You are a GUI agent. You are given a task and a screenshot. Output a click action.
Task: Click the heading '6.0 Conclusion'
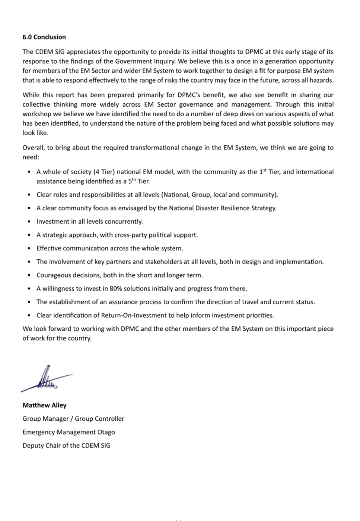(44, 37)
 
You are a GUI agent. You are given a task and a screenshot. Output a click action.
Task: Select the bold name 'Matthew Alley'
(44, 405)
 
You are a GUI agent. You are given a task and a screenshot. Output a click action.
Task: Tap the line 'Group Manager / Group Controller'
(73, 419)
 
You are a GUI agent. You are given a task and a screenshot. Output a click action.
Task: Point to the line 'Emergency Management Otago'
(69, 432)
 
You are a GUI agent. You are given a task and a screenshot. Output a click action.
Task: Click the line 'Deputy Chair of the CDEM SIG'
(66, 446)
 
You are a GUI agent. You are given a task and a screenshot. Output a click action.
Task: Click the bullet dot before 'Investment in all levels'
(29, 222)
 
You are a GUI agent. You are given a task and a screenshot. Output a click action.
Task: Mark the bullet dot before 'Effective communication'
(29, 249)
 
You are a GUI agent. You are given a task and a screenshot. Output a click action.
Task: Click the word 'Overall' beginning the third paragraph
(34, 148)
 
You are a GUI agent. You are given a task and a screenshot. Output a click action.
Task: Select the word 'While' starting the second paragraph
(31, 95)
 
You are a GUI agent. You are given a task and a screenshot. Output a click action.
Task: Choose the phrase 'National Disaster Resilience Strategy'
(222, 208)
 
